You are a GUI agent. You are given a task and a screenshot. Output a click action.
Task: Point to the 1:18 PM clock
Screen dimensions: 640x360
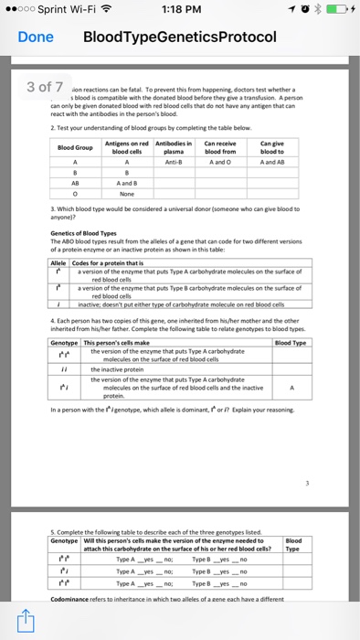pyautogui.click(x=180, y=10)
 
